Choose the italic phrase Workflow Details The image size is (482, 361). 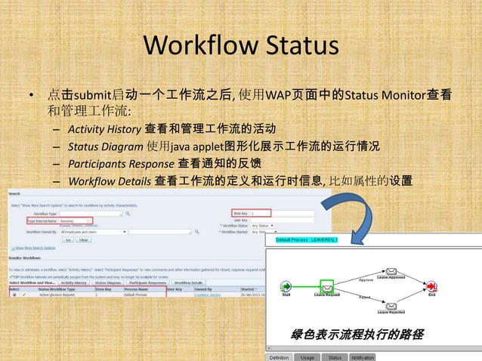coord(110,181)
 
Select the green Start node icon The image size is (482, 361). coord(286,287)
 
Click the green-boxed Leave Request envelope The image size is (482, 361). coord(327,287)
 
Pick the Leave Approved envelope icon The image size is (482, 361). coord(391,272)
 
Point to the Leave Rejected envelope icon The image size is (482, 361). coord(391,304)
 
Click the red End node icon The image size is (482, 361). coord(431,287)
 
